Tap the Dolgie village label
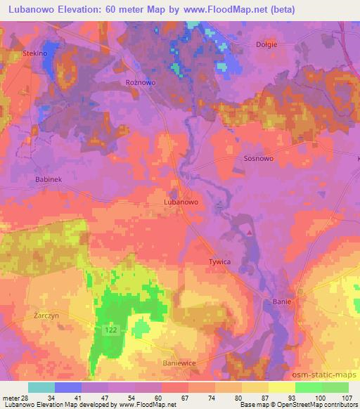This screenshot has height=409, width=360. click(x=266, y=44)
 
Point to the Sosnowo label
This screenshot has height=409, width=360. click(x=257, y=159)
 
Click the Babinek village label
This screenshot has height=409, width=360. click(x=49, y=180)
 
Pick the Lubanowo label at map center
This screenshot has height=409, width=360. click(x=181, y=201)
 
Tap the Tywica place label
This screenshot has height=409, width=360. click(x=219, y=261)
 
